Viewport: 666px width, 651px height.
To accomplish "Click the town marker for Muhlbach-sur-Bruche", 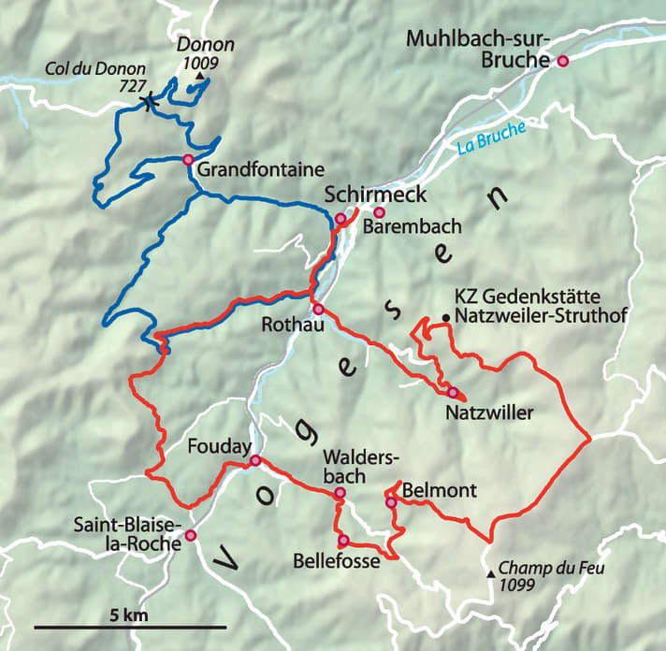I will coord(562,62).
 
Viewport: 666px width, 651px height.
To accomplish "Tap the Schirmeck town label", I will coord(374,195).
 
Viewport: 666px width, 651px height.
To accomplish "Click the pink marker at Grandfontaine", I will coord(188,159).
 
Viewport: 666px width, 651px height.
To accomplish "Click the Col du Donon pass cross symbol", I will coord(146,104).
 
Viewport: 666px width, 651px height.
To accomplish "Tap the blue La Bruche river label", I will coord(491,137).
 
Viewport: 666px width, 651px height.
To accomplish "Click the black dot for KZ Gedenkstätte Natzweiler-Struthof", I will coord(446,319).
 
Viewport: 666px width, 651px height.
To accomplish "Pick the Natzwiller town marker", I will coord(452,392).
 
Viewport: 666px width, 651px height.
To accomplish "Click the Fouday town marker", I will coord(254,460).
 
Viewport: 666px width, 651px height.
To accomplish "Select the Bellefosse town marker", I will coord(343,540).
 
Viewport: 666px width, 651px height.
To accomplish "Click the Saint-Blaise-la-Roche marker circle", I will coord(190,535).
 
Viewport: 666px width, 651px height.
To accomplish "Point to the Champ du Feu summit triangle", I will coord(491,572).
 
